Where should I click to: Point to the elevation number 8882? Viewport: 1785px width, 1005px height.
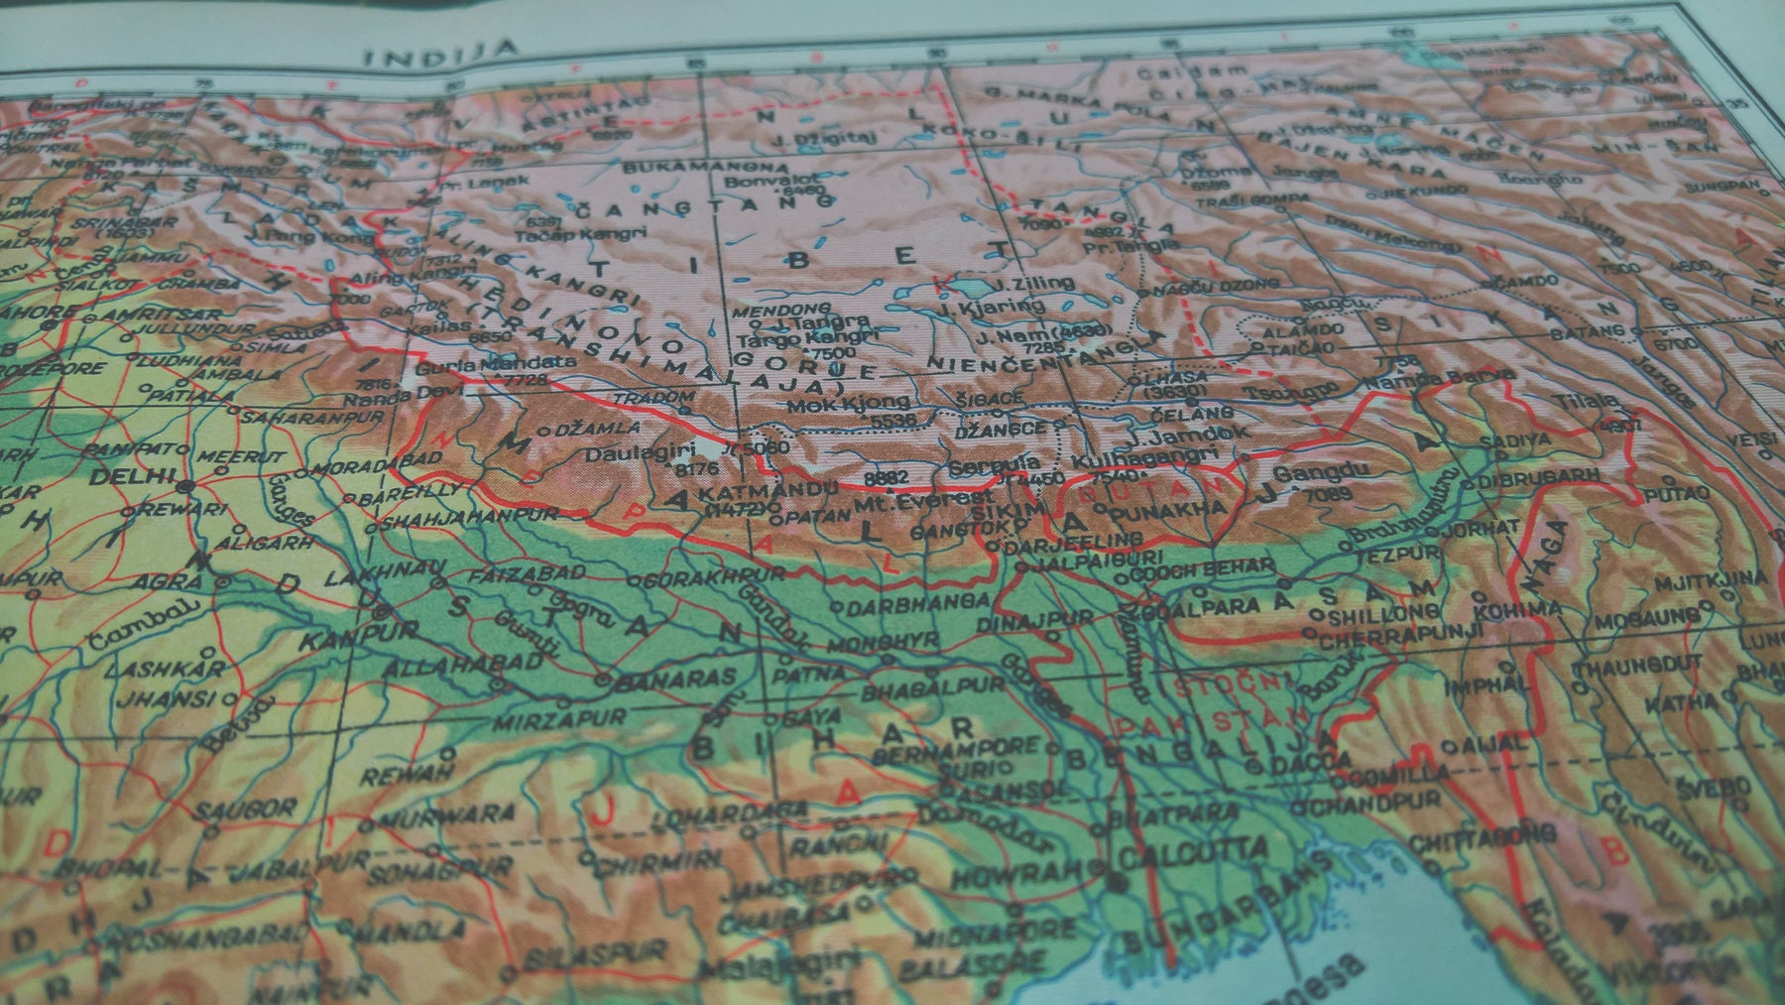[887, 478]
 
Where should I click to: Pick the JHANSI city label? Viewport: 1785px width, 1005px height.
[178, 698]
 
